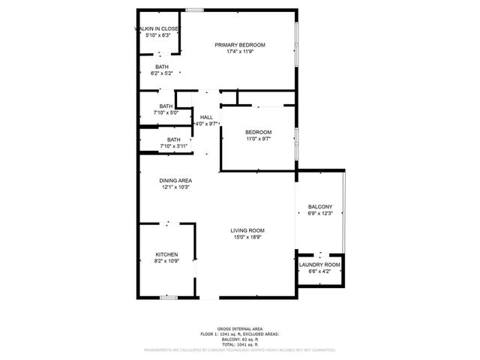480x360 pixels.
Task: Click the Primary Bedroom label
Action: point(240,45)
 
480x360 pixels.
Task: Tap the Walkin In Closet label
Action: point(157,28)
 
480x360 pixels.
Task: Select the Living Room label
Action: point(247,231)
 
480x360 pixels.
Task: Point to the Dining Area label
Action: point(175,181)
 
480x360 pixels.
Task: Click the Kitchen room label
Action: point(166,254)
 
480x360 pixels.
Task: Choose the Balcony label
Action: point(319,207)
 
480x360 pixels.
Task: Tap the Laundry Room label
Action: point(319,265)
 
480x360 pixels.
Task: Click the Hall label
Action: point(206,117)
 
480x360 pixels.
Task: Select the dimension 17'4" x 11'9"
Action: point(240,52)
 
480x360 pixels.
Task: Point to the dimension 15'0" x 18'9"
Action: point(247,238)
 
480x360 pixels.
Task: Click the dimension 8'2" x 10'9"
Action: point(166,261)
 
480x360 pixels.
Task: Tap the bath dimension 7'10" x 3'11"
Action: point(173,146)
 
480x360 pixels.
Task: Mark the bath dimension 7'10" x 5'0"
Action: point(166,112)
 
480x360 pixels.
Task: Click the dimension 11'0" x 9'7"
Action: point(258,139)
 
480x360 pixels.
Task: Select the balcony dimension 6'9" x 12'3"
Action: point(319,214)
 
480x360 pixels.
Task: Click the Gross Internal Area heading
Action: point(240,328)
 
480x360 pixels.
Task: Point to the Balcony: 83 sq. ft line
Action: point(240,339)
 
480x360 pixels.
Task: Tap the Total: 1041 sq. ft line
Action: point(240,344)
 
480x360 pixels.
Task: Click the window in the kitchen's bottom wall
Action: point(169,298)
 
